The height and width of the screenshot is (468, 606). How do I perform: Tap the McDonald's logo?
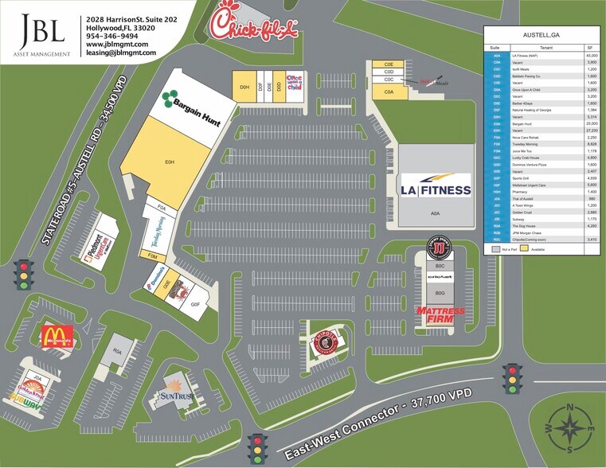(x=57, y=336)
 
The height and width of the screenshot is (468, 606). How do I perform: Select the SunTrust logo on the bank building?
(x=176, y=394)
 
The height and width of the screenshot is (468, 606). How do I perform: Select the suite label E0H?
(x=170, y=162)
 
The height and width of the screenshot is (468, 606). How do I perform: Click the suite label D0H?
(x=244, y=86)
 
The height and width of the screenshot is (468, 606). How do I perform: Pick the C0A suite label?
(x=389, y=92)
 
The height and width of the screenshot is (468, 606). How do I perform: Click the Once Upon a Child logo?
(x=295, y=82)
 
